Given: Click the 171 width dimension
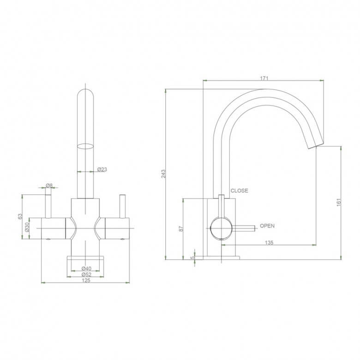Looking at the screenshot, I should [264, 78].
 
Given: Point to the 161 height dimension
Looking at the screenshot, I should [338, 202].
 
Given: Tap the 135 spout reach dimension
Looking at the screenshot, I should [269, 242].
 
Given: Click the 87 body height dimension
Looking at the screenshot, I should [181, 228].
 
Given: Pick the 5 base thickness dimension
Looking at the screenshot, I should [193, 258].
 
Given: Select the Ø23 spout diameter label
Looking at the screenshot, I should [102, 169].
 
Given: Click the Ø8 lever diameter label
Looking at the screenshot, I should [49, 186].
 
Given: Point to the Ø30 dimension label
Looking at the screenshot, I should [27, 227].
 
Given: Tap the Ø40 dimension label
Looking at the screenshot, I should [85, 268].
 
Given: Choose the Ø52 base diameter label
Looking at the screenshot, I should [85, 275].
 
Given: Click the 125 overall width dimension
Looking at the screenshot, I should [85, 281].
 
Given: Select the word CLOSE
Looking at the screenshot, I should [239, 191].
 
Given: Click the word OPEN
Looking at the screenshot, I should [267, 226].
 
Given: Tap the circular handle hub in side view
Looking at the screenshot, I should [220, 227].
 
